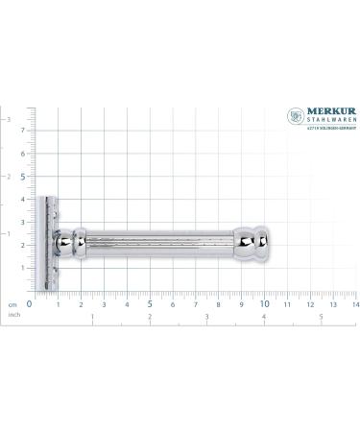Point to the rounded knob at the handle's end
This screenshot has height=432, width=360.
pos(258,245)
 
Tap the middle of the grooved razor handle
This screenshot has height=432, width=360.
pos(158,245)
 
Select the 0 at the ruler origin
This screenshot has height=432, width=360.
pos(30,304)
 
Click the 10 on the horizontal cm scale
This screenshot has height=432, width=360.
pos(264,304)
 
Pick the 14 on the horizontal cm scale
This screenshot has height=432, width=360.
pos(354,304)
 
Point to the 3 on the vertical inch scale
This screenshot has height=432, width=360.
pos(9,119)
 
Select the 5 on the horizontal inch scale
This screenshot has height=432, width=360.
pos(321,316)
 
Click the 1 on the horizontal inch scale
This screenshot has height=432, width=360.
pos(92,316)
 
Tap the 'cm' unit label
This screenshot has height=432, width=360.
pos(12,303)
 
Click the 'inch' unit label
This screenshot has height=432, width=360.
pos(13,314)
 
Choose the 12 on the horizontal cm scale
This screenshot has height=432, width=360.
pos(309,304)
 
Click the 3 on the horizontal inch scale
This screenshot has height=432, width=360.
pos(207,316)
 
